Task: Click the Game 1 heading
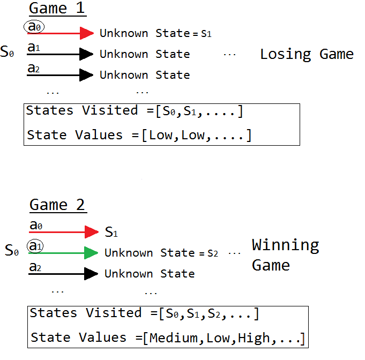[x=57, y=9]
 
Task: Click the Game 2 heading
[x=58, y=205]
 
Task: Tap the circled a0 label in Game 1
[x=34, y=27]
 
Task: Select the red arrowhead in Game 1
[x=87, y=33]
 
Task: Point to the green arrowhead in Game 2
[x=91, y=253]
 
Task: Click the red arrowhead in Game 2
[x=92, y=232]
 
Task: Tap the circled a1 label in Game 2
[x=35, y=246]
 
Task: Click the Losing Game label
[x=307, y=55]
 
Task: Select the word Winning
[x=285, y=245]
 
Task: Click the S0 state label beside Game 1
[x=7, y=51]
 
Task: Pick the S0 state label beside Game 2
[x=12, y=250]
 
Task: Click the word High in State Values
[x=254, y=338]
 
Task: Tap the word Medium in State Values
[x=174, y=337]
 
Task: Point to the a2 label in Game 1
[x=34, y=68]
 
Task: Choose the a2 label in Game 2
[x=35, y=267]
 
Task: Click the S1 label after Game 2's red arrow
[x=111, y=232]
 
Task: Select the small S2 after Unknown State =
[x=213, y=253]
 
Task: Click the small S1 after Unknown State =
[x=206, y=34]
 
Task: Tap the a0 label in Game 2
[x=36, y=225]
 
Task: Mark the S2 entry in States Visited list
[x=214, y=313]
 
